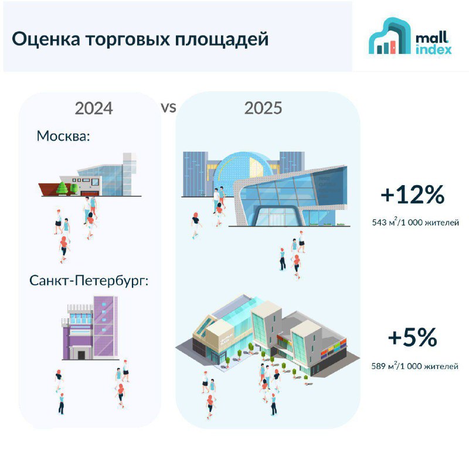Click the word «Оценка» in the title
[46, 39]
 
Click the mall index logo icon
[390, 36]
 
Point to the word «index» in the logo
[433, 49]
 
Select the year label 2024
[94, 108]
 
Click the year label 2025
[263, 108]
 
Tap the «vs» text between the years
[168, 108]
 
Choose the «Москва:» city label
[63, 136]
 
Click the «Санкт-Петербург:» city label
[89, 281]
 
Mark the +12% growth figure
[413, 195]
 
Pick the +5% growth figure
[413, 337]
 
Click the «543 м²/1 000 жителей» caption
[416, 223]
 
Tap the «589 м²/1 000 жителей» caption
[415, 366]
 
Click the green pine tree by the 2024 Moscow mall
[62, 188]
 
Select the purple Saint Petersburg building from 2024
[90, 328]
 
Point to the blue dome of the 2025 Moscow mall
[244, 169]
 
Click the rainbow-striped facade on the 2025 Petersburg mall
[334, 349]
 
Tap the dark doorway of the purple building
[81, 355]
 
